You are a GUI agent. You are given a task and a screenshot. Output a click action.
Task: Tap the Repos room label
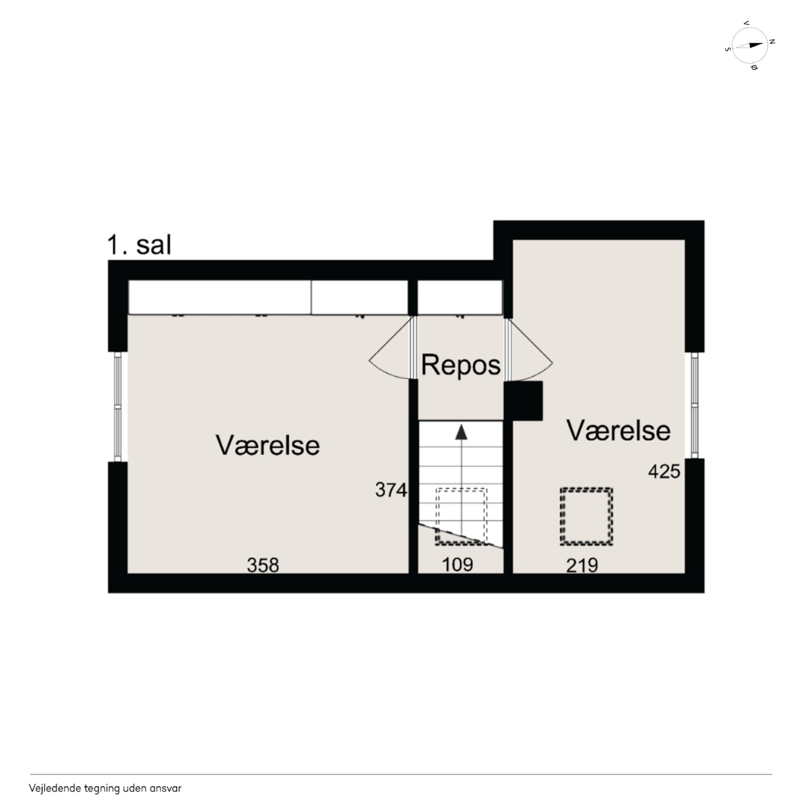[x=461, y=365]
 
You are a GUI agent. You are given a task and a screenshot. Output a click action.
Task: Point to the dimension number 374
[x=391, y=490]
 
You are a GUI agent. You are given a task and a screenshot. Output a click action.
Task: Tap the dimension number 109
[x=457, y=565]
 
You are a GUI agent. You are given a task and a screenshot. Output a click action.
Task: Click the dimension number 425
[x=664, y=472]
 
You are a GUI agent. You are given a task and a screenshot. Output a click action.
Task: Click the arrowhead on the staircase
[x=461, y=432]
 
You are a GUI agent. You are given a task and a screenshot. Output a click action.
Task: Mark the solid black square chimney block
[x=524, y=401]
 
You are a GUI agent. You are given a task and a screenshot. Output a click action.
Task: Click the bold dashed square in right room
[x=586, y=516]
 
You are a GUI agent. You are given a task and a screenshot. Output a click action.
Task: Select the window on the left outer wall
[x=118, y=407]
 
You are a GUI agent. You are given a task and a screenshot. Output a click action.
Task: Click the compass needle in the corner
[x=750, y=45]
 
